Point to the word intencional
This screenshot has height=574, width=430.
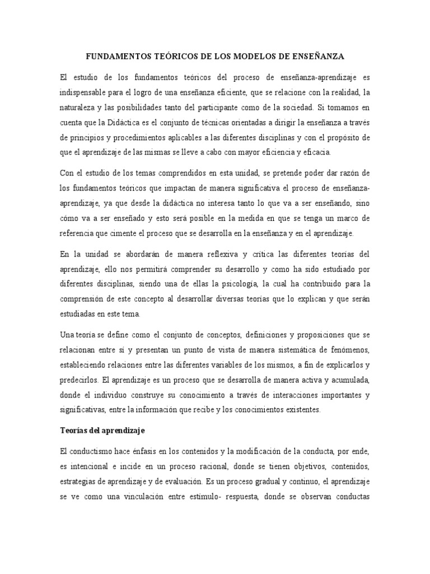(x=90, y=466)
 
